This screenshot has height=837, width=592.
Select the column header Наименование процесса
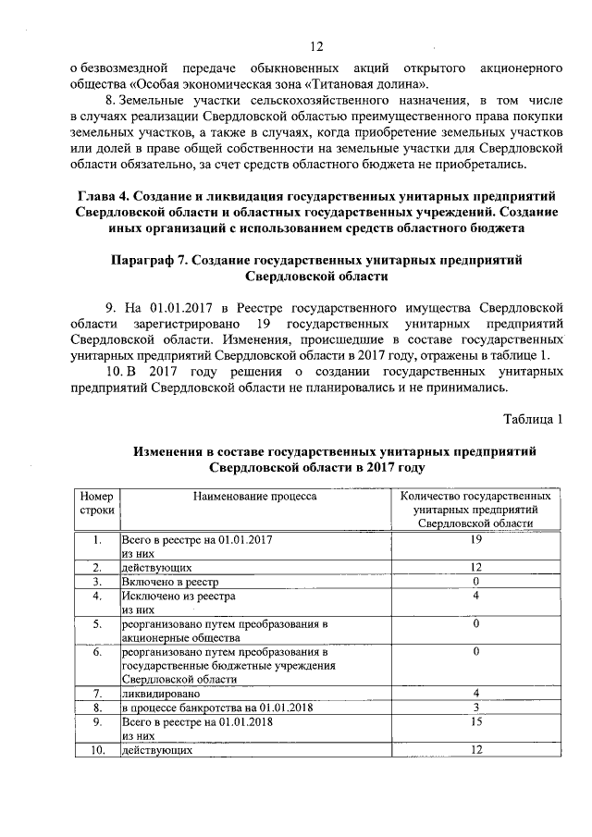click(x=254, y=497)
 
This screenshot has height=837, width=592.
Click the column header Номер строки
click(x=95, y=503)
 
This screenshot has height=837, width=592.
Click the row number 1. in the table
click(x=96, y=537)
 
